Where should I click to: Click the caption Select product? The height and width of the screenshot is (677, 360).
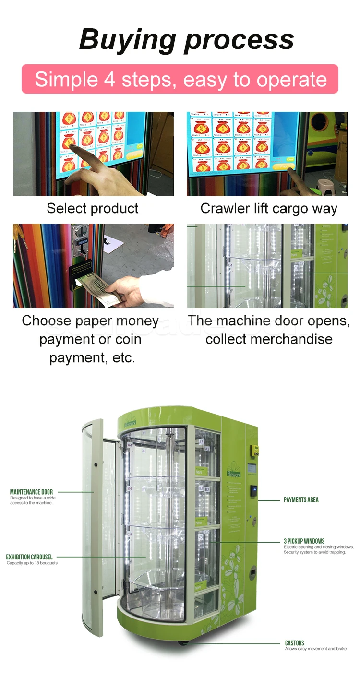(93, 208)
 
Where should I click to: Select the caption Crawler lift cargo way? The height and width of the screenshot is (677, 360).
(269, 208)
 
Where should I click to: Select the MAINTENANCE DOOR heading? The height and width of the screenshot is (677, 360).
(31, 492)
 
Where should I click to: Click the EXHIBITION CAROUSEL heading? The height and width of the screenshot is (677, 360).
(29, 557)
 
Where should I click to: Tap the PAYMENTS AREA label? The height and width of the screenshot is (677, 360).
(301, 500)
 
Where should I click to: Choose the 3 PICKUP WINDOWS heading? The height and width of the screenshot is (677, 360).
(304, 541)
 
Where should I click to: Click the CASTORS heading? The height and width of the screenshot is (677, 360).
(294, 643)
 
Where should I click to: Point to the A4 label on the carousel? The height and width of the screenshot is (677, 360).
(130, 445)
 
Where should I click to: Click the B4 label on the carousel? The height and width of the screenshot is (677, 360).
(129, 489)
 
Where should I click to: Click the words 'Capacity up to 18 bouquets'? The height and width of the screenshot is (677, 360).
(32, 563)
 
